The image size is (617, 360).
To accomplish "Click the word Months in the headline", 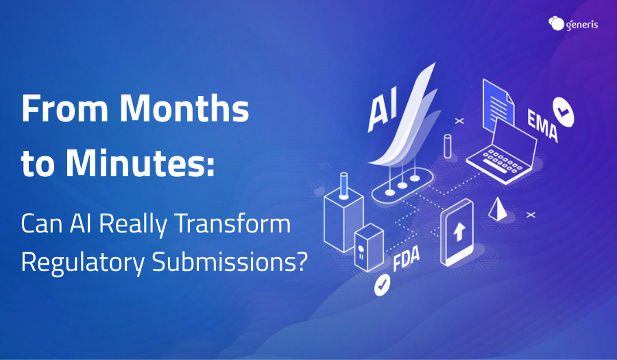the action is [x=184, y=108].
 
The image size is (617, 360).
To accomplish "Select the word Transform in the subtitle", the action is [x=232, y=224].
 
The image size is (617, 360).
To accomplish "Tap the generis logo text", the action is [x=582, y=25].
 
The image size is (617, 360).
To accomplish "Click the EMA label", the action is [x=543, y=125].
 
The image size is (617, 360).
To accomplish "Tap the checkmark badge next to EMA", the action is [x=563, y=112].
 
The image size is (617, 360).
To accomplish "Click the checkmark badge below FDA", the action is [x=382, y=285].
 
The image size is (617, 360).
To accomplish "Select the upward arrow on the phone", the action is [x=459, y=231].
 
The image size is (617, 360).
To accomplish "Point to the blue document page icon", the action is [x=498, y=106].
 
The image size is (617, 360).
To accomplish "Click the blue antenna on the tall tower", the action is [x=344, y=185].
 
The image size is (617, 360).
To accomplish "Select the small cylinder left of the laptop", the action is [x=448, y=146].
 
